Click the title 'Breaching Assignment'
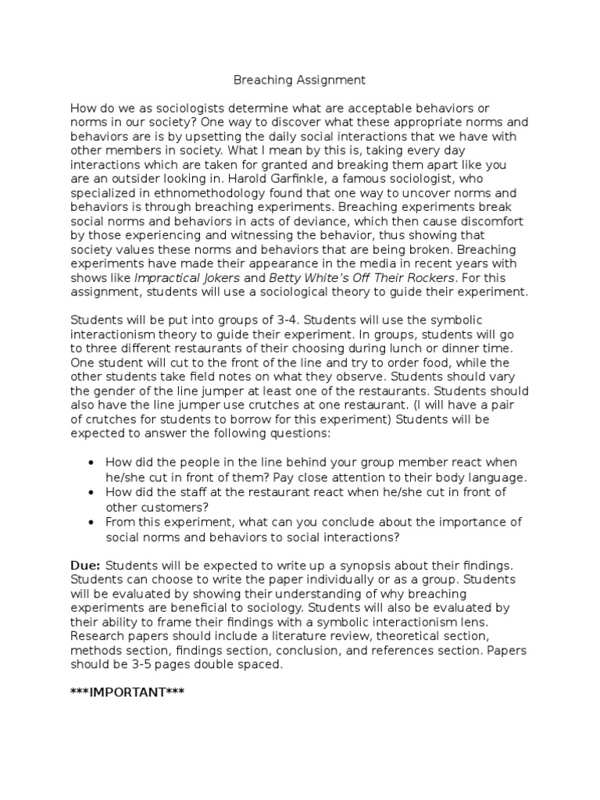tap(300, 80)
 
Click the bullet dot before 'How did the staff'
tap(93, 492)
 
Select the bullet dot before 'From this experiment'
tap(93, 522)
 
